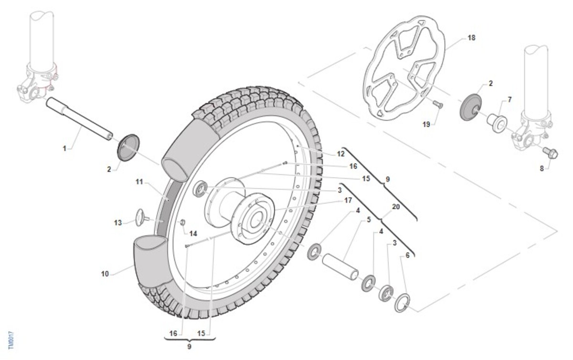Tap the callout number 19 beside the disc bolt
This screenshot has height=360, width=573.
click(426, 124)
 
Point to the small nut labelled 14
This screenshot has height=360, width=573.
click(182, 223)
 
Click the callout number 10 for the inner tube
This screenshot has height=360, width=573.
click(105, 274)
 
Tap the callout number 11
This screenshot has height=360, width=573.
click(139, 182)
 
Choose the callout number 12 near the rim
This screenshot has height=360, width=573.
click(340, 154)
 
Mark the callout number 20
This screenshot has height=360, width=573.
click(395, 207)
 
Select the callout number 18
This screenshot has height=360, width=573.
click(472, 37)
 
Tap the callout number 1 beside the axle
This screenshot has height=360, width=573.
click(64, 148)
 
